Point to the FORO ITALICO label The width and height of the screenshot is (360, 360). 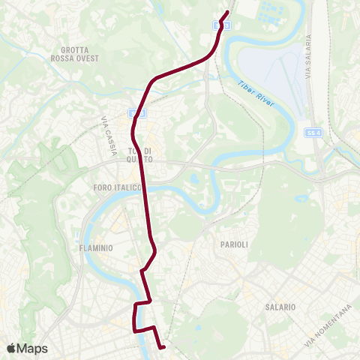click(x=112, y=186)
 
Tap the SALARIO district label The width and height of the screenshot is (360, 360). click(x=280, y=307)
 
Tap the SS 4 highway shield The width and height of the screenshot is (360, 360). click(x=313, y=133)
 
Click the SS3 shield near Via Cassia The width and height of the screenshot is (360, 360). click(x=134, y=112)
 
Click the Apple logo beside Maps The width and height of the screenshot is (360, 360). click(x=11, y=348)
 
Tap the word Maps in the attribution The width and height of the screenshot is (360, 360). click(x=33, y=348)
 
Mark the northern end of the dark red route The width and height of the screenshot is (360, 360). click(x=227, y=11)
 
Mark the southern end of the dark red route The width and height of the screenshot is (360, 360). click(x=163, y=346)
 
